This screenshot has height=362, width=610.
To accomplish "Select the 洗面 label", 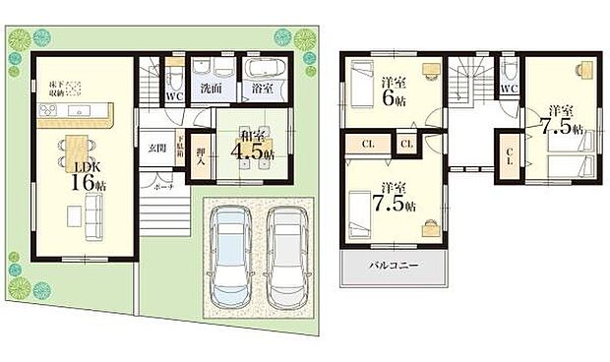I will (x=210, y=88).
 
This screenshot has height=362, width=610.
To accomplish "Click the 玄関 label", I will (x=157, y=148).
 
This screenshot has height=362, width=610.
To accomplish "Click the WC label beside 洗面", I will (x=174, y=96).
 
